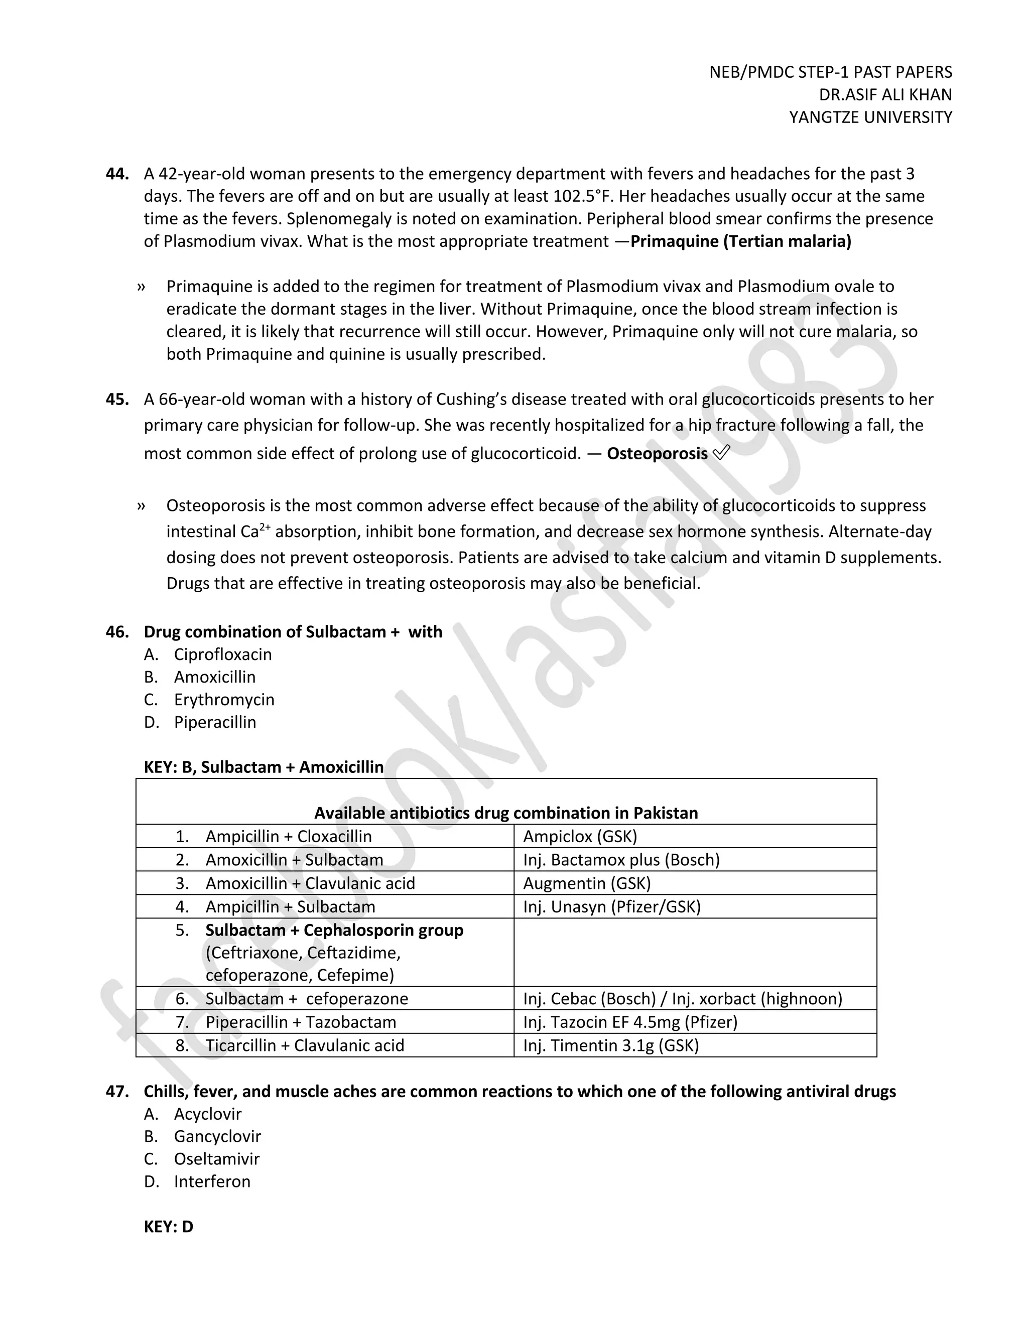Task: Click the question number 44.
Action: [x=117, y=174]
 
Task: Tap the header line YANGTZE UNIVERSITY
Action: [x=870, y=117]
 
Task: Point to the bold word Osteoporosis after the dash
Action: [x=657, y=454]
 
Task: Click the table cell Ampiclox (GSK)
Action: [x=580, y=837]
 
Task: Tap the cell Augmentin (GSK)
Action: [x=586, y=884]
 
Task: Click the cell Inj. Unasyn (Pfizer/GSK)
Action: [x=611, y=907]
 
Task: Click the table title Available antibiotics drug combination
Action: [x=505, y=814]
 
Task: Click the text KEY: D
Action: [x=168, y=1227]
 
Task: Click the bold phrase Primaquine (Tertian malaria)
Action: [x=740, y=242]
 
